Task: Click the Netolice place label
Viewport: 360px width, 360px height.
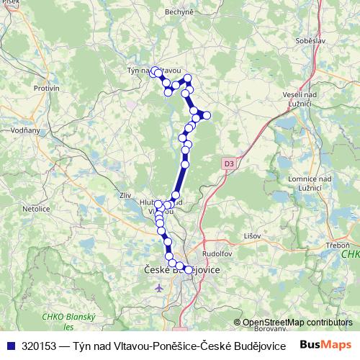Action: (35, 207)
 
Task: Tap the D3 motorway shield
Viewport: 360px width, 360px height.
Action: (228, 164)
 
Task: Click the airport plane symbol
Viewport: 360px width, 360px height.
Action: (159, 287)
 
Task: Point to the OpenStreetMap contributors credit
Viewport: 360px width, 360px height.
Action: (297, 322)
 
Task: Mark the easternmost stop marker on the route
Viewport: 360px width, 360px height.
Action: (206, 115)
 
